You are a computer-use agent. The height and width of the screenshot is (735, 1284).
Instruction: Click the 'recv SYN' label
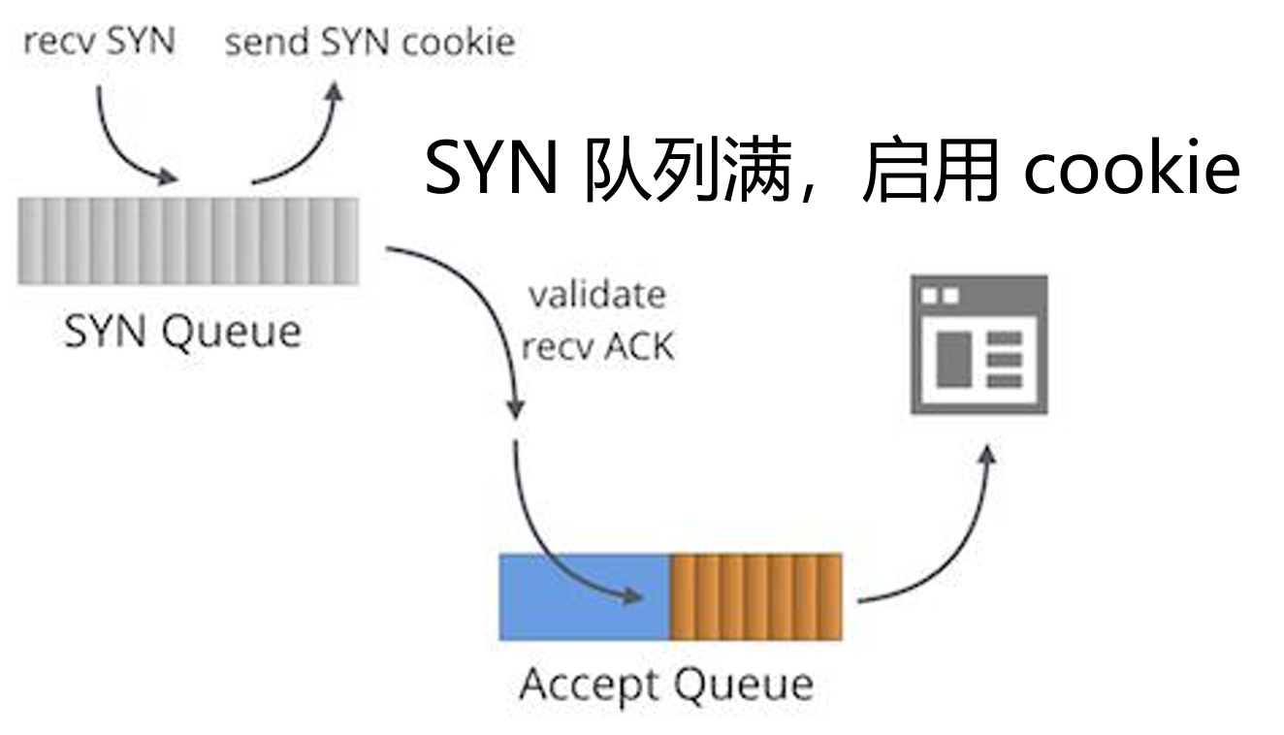[x=99, y=42]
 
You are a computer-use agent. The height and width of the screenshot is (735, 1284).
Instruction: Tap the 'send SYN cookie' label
[x=370, y=42]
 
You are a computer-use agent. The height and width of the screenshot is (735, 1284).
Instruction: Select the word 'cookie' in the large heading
[x=1132, y=168]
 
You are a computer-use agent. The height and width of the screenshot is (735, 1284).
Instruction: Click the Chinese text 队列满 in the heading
[x=688, y=169]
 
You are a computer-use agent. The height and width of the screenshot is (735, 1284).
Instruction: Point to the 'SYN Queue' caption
[x=182, y=332]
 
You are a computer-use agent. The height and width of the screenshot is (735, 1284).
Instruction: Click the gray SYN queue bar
[x=188, y=240]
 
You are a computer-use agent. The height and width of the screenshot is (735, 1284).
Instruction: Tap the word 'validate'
[x=596, y=296]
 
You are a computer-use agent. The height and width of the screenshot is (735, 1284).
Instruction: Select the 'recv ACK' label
[x=597, y=346]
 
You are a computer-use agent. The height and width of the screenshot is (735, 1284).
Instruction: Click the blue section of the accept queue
[x=585, y=597]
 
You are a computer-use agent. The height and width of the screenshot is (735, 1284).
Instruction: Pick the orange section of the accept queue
[x=756, y=597]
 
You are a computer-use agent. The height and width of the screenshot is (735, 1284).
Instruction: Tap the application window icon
[x=979, y=344]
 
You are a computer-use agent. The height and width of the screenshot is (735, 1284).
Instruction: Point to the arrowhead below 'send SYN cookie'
[x=334, y=92]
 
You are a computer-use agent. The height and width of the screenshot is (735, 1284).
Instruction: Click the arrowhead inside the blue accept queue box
[x=633, y=596]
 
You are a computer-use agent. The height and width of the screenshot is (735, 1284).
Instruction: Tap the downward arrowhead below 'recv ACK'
[x=516, y=408]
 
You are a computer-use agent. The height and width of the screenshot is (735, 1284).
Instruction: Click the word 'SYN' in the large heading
[x=491, y=168]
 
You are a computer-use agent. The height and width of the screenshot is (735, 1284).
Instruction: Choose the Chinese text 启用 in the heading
[x=931, y=169]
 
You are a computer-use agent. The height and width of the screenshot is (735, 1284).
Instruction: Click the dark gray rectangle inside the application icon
[x=954, y=360]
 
